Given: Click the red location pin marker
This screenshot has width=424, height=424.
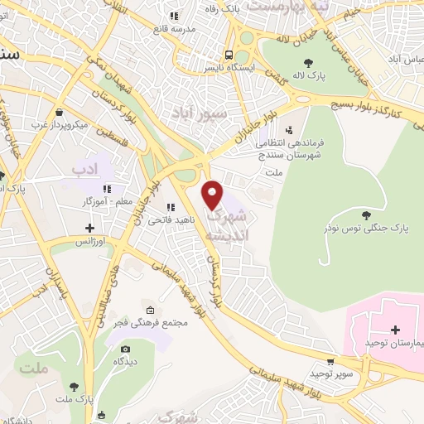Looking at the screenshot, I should [214, 195].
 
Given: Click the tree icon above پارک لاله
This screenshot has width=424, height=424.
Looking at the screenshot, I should [308, 62].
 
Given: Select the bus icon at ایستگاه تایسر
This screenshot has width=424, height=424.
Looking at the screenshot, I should [215, 57].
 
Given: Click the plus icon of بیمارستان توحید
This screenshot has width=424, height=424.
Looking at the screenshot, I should [395, 330].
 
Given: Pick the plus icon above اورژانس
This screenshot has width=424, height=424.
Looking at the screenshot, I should [90, 228].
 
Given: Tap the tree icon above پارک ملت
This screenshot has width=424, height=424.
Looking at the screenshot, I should [75, 387].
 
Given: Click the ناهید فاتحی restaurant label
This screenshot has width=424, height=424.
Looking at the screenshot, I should [167, 221].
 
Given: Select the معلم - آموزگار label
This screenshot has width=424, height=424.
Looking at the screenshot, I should [85, 201].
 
